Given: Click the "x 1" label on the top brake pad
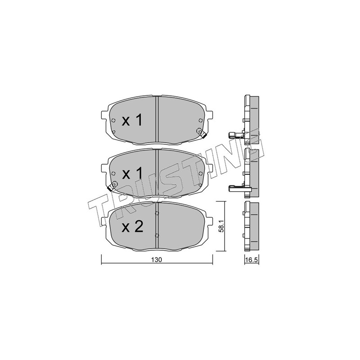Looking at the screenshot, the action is pos(132,120).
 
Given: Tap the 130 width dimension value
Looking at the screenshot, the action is pos(157,260).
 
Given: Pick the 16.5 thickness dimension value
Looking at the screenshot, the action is pos(252,260).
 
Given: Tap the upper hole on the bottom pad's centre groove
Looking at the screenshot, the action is pos(157,213).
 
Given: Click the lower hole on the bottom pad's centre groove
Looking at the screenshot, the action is pos(157,235).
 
